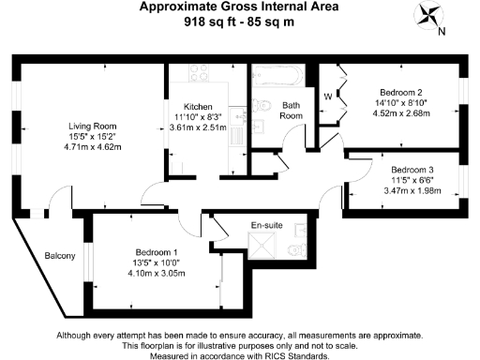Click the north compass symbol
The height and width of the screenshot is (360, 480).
click(x=433, y=18)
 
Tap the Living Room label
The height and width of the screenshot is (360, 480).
click(x=93, y=125)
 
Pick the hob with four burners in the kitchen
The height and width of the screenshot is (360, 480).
click(x=198, y=73)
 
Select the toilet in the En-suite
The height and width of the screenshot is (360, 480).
click(x=296, y=249)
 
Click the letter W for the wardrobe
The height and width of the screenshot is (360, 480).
click(x=328, y=95)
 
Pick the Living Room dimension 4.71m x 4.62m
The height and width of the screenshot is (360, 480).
click(x=93, y=147)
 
